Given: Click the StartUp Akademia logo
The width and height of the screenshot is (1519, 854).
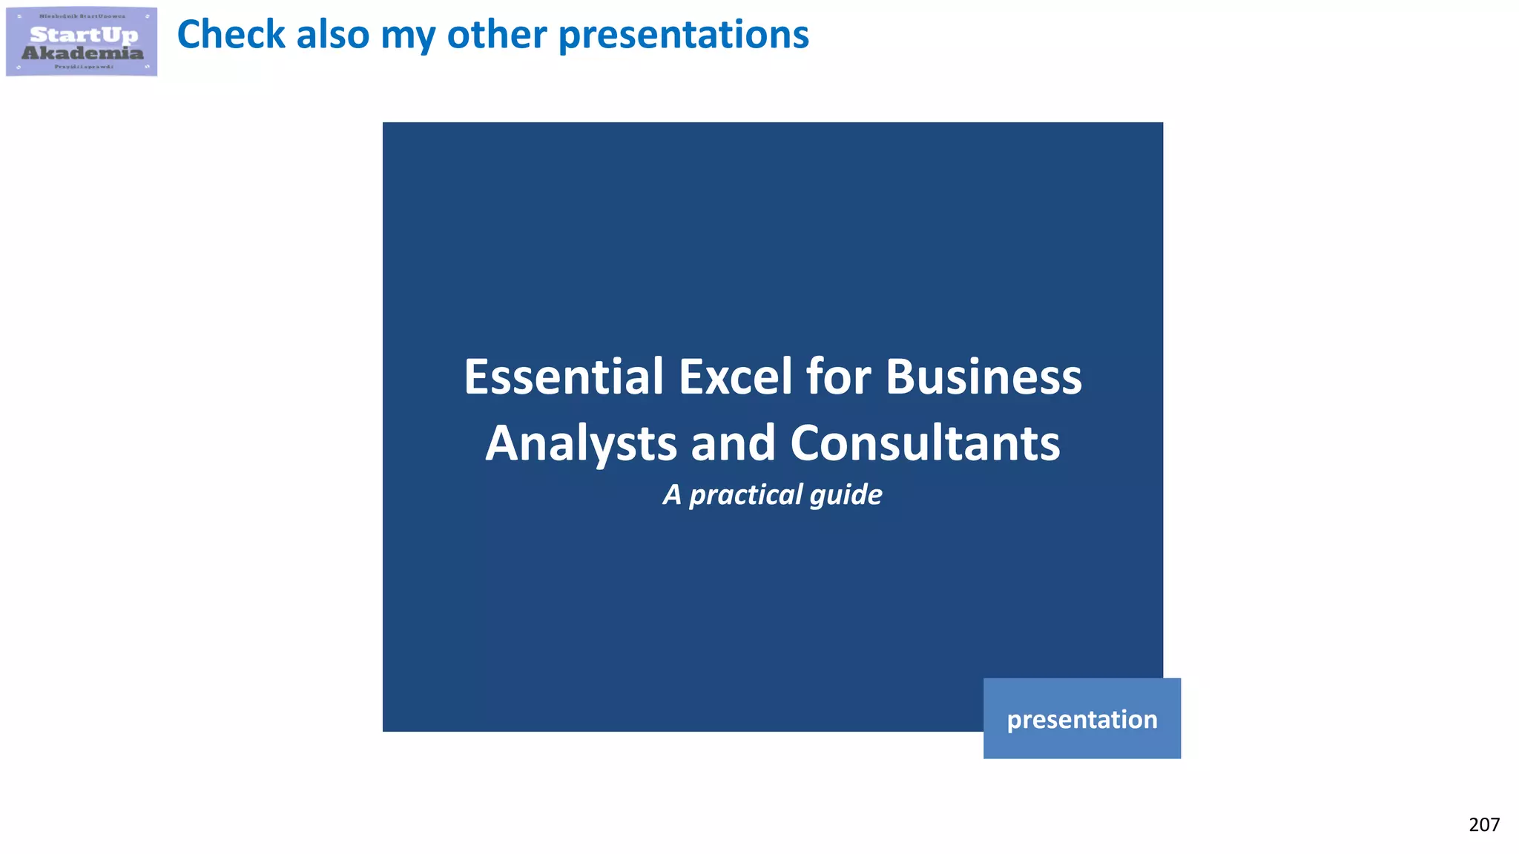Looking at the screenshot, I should point(82,42).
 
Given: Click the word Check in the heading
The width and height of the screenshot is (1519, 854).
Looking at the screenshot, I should point(231,35).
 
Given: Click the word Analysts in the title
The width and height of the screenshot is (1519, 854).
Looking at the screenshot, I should point(581,443).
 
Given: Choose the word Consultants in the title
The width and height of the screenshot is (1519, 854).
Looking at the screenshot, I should point(925,443).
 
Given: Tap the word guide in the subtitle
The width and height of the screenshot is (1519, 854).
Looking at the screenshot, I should point(846,495).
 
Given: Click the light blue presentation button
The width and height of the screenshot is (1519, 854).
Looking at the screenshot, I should point(1081,718).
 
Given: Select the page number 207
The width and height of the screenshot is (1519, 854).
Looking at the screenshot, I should point(1483,824).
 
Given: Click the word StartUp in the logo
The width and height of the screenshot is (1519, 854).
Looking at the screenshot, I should point(84,34).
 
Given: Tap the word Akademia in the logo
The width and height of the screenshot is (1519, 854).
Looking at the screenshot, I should point(82,53).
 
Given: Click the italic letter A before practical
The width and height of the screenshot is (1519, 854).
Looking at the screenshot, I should point(672,494).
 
